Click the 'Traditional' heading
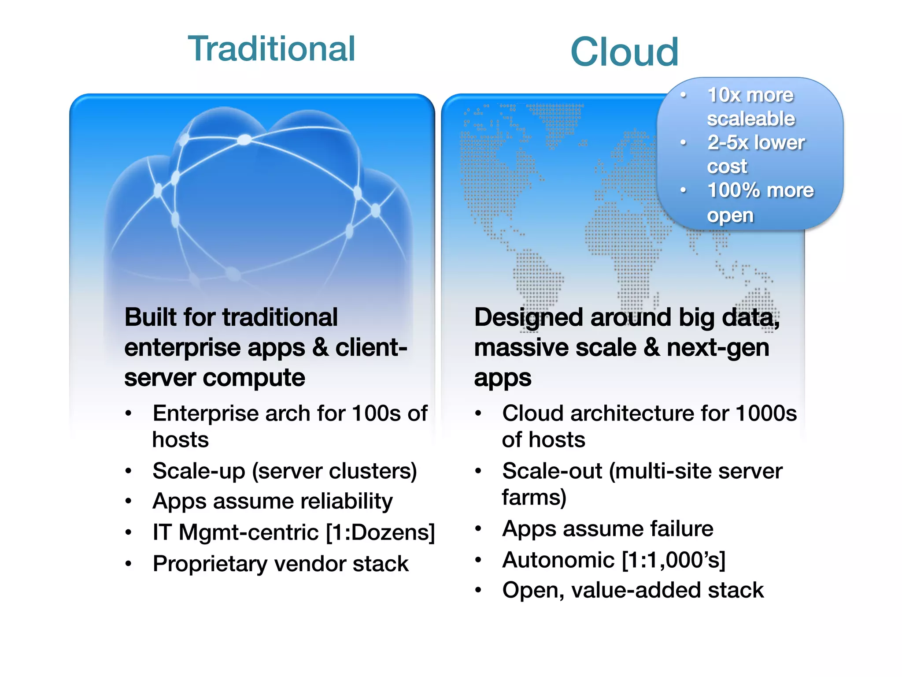[x=271, y=49]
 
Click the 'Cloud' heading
[x=624, y=52]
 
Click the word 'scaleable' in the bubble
[x=750, y=119]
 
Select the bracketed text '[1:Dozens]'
[x=381, y=532]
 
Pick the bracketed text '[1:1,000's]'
[x=674, y=560]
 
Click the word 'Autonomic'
[x=558, y=560]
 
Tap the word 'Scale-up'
[x=199, y=471]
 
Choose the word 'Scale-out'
[x=552, y=471]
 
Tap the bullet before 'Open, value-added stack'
[x=478, y=590]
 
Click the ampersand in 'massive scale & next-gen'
[x=652, y=348]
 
